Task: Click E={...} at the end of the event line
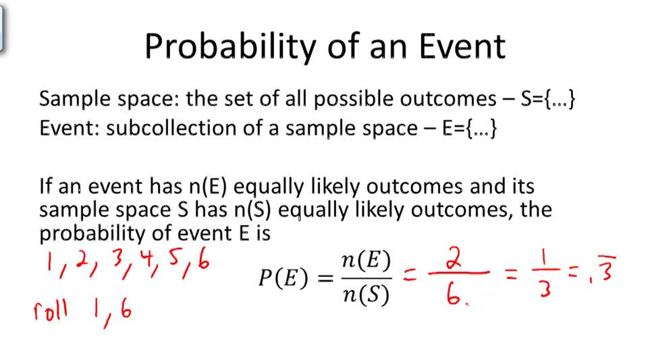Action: coord(470,128)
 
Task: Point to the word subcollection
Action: coord(172,128)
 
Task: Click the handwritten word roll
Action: coord(51,311)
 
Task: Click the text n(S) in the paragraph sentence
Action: coord(252,210)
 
